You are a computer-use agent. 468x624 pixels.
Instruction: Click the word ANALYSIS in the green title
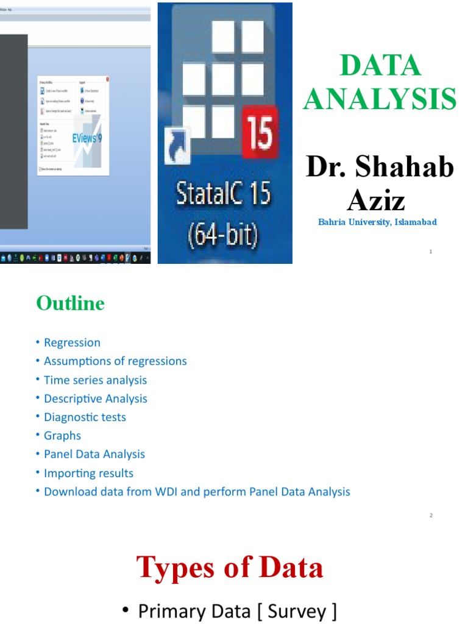379,99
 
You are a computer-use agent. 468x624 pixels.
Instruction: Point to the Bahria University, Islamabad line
377,222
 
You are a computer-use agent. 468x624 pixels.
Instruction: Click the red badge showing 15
260,131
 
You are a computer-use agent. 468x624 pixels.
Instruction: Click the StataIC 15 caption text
224,196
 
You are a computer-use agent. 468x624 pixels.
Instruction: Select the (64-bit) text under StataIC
224,233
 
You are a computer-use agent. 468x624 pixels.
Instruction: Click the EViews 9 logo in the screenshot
87,138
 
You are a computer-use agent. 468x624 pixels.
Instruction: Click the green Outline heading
70,303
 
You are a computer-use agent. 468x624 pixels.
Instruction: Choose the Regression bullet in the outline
72,342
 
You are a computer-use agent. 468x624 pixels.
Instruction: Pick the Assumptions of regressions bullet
115,361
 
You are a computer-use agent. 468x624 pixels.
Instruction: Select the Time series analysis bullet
95,380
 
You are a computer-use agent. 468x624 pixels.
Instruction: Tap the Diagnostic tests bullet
85,417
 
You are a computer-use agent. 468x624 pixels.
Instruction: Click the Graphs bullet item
62,436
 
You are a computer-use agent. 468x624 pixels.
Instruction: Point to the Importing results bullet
88,473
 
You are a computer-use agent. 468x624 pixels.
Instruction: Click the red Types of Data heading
230,567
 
